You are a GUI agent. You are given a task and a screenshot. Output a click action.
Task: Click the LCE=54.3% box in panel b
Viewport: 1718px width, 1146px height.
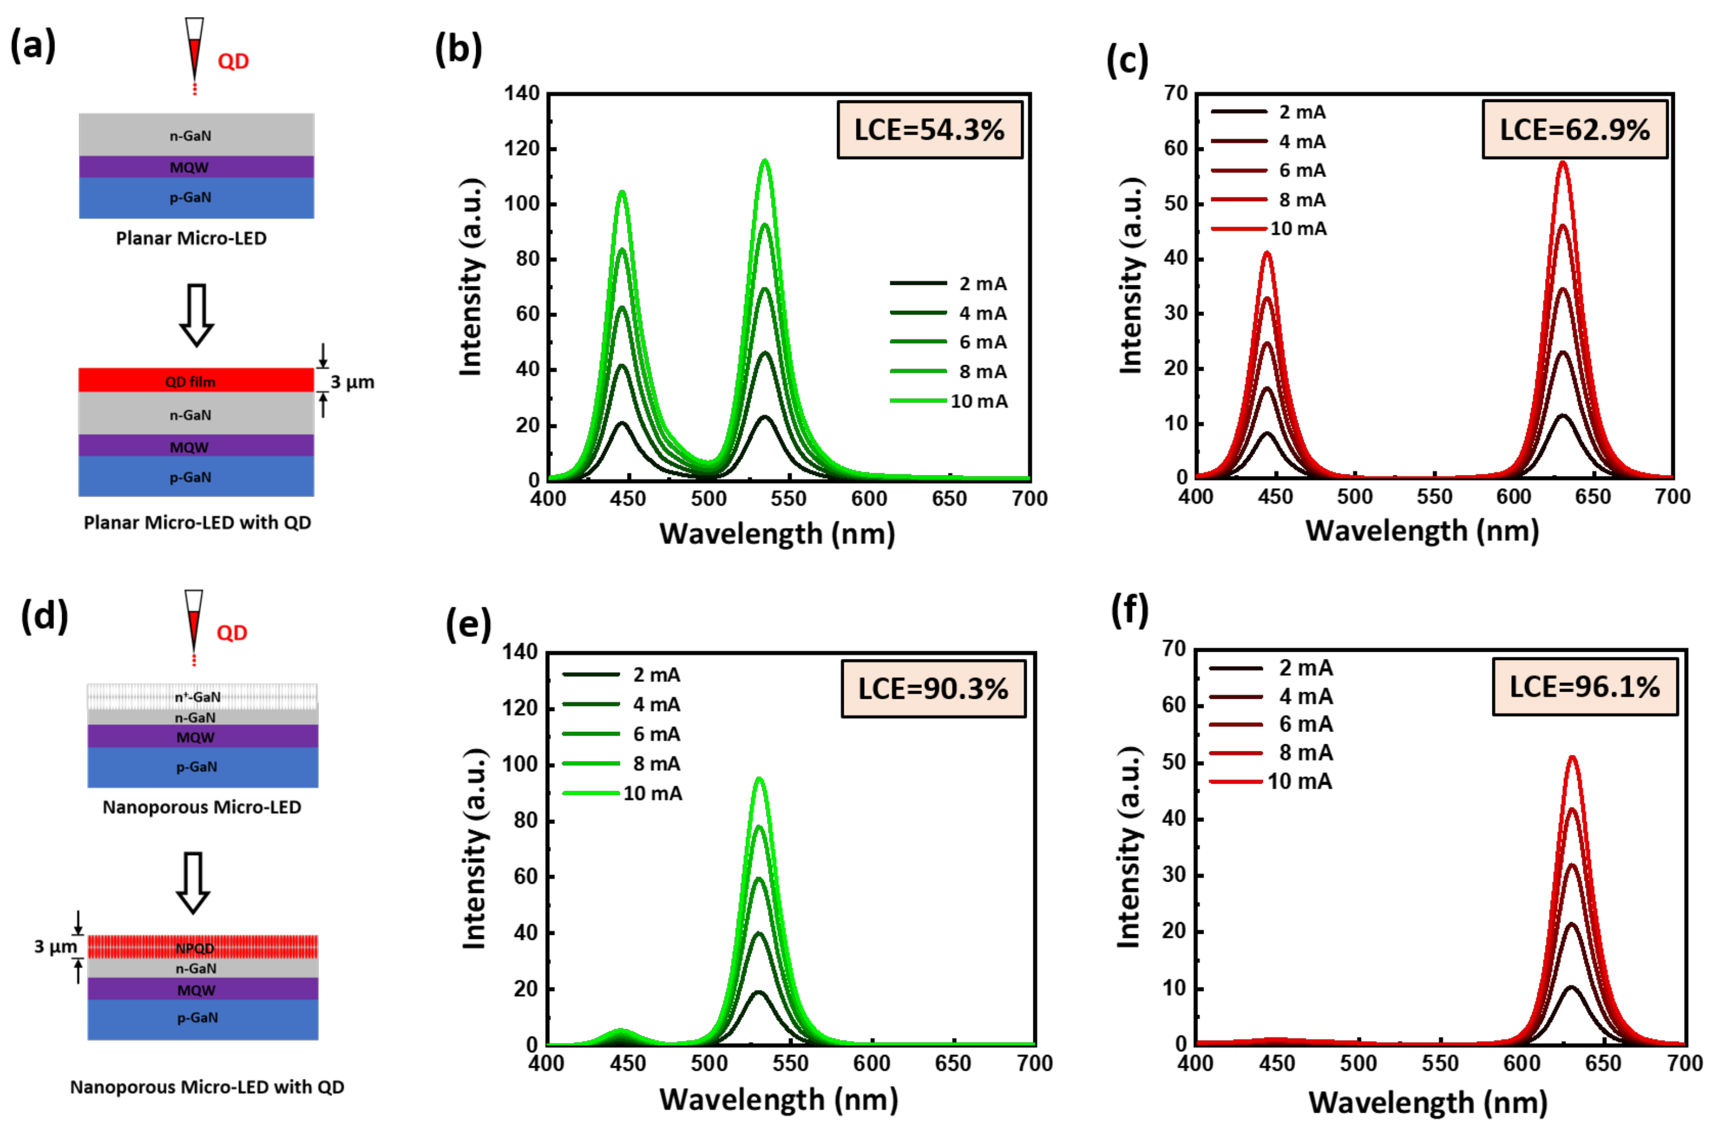pos(929,130)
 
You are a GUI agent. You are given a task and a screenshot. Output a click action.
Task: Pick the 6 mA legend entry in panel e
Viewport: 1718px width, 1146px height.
pos(621,734)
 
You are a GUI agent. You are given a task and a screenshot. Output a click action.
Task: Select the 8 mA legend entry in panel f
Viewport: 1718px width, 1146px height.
pos(1271,752)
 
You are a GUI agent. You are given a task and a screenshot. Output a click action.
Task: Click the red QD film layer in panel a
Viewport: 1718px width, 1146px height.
pos(196,380)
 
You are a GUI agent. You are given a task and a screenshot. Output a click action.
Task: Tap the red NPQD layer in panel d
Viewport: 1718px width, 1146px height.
pos(202,947)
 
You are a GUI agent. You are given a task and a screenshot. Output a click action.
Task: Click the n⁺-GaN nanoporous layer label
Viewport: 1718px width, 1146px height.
pos(197,697)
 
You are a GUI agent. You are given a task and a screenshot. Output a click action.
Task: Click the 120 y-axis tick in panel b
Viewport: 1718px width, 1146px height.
pos(521,149)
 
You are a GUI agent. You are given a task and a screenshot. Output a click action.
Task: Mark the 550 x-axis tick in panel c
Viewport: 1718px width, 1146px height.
pos(1434,497)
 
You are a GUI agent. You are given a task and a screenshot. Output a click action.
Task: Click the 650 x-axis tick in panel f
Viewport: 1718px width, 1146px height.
pos(1603,1063)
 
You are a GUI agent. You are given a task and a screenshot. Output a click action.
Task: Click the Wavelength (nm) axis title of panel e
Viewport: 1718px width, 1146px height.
pos(778,1099)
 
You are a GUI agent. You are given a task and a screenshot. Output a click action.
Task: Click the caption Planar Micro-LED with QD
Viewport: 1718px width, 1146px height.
pos(197,523)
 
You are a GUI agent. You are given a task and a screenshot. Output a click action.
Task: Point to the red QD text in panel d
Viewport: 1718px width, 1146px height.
pos(232,633)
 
